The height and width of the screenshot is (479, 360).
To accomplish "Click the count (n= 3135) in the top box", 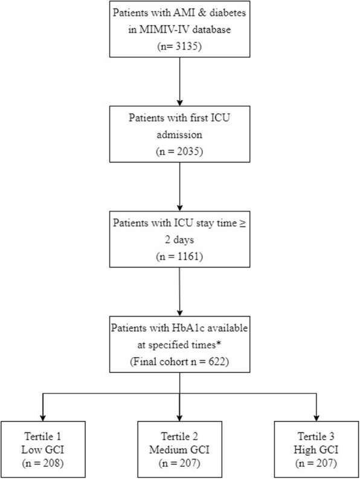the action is click(179, 46).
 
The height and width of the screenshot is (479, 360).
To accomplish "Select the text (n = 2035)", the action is click(179, 151).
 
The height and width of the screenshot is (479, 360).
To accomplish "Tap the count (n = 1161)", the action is click(179, 256).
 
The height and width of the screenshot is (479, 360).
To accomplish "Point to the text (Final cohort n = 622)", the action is click(179, 361).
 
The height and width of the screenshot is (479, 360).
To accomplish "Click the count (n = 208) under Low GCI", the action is click(43, 463).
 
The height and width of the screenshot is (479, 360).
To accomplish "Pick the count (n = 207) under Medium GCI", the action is click(179, 463).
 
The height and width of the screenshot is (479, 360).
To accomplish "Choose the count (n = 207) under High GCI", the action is click(316, 463).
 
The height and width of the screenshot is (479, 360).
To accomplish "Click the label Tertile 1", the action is click(43, 436).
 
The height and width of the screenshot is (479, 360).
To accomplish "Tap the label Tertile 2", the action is click(179, 436).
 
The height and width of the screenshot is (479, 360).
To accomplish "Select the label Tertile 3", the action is click(316, 436).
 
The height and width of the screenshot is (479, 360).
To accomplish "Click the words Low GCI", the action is click(43, 449).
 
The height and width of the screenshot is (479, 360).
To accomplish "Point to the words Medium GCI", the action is click(179, 449).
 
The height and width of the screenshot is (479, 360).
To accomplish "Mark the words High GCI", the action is click(316, 450).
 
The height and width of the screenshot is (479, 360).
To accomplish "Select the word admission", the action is click(179, 135).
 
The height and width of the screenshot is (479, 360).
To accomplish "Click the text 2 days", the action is click(179, 240).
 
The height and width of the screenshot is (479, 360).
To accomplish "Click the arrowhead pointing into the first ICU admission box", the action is click(179, 103).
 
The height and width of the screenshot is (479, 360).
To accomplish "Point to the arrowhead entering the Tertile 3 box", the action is click(317, 418).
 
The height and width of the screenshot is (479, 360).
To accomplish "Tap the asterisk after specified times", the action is click(219, 342).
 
